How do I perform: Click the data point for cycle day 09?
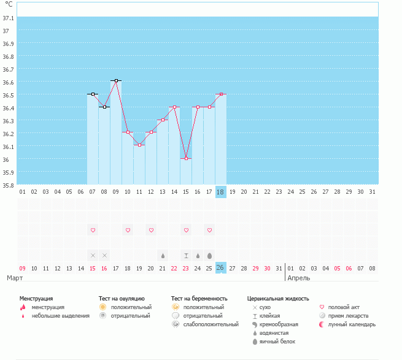tap(116, 80)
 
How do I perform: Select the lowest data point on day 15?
tap(186, 158)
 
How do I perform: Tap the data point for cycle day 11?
tap(139, 145)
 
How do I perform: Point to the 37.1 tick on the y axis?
tap(9, 17)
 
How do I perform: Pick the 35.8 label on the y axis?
tap(9, 185)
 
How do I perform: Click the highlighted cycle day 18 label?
tap(221, 192)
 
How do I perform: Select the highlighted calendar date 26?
tap(221, 268)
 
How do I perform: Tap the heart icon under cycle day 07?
tap(93, 230)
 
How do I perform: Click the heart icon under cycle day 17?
tap(209, 230)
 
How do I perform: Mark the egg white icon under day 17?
tap(209, 255)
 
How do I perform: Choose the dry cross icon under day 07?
tap(93, 255)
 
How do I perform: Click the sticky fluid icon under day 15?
tap(186, 255)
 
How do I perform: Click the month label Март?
tap(15, 278)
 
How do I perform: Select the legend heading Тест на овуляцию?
tap(122, 298)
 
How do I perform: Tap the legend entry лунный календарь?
tap(352, 324)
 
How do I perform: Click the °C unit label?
tap(9, 4)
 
